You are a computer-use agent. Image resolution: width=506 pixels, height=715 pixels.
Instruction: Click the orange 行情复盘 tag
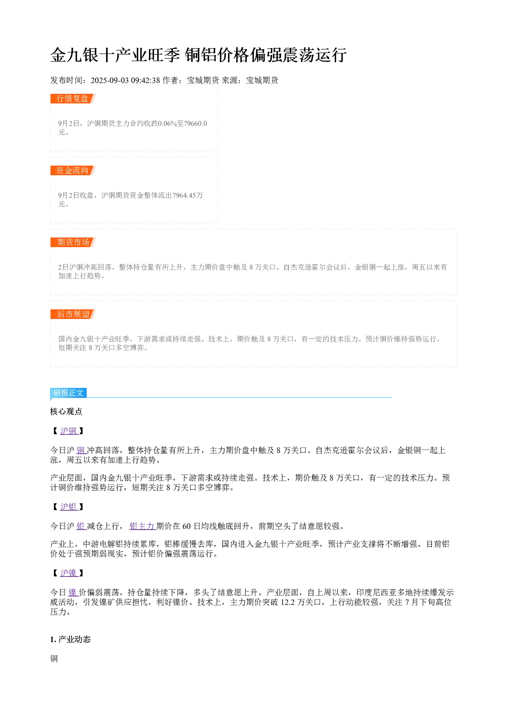click(73, 99)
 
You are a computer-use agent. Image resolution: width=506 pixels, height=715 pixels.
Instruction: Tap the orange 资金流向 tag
click(73, 170)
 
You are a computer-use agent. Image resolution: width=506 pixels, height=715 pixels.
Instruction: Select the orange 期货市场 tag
click(73, 242)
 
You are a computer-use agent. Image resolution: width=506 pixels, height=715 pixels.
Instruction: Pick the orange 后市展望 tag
click(73, 314)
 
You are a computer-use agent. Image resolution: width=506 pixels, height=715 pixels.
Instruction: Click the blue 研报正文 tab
click(68, 392)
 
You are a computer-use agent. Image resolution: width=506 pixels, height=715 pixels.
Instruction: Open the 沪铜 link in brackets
click(69, 431)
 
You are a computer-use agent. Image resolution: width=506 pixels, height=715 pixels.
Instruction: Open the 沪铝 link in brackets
click(69, 507)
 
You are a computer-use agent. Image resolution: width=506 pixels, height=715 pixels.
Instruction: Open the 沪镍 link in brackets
click(69, 573)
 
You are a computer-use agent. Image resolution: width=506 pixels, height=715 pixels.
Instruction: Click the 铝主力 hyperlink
click(142, 526)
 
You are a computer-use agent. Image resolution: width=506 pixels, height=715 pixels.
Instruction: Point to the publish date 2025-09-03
click(110, 81)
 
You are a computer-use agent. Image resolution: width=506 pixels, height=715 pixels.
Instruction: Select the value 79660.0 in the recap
click(195, 123)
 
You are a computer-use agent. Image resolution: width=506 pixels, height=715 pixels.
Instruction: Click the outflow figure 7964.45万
click(188, 195)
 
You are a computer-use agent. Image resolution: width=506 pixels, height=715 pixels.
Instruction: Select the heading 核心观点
click(66, 412)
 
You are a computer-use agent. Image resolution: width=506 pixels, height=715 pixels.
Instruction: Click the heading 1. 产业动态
click(70, 640)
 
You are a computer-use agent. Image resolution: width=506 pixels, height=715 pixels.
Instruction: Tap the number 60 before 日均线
click(187, 526)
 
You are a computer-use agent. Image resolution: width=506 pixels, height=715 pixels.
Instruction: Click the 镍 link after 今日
click(73, 592)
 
